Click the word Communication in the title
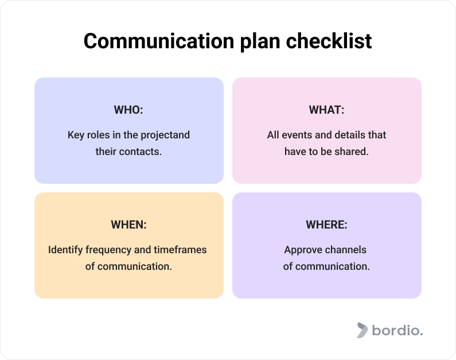click(159, 41)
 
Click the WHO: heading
click(128, 110)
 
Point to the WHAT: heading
click(326, 110)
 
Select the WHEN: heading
click(128, 224)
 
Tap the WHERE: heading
click(326, 224)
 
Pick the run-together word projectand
click(165, 136)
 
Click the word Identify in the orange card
click(65, 250)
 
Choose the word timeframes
click(180, 250)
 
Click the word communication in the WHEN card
click(134, 266)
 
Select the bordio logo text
click(397, 331)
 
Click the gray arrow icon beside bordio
click(363, 330)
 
